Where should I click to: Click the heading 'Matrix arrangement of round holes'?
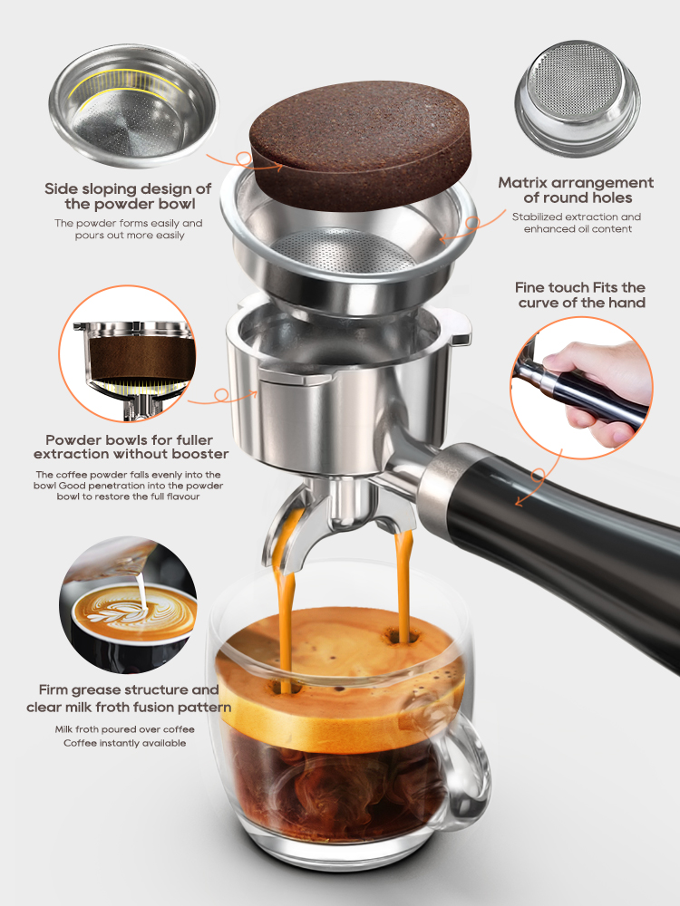(576, 190)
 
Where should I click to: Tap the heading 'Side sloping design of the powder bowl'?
(128, 197)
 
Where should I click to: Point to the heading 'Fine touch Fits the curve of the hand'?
(581, 294)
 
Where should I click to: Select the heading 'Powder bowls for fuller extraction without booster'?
(131, 445)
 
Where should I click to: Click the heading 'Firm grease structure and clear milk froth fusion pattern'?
(129, 698)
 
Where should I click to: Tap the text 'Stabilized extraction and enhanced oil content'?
(576, 223)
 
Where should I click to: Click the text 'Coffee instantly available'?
(124, 743)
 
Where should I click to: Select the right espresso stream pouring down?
(402, 580)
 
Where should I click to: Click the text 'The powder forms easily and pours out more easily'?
(128, 229)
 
